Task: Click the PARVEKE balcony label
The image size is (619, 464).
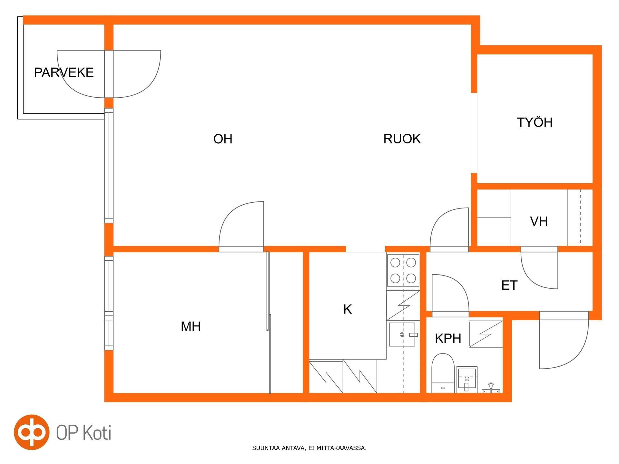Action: point(64,72)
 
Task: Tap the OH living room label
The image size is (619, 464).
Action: point(223,139)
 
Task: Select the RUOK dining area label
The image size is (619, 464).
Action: point(402,139)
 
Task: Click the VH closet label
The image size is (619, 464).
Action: point(539,221)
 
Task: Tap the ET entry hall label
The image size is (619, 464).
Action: point(509,285)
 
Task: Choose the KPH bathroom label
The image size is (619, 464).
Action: point(448,338)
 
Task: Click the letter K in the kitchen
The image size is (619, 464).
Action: point(348,309)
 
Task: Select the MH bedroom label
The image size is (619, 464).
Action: point(191,326)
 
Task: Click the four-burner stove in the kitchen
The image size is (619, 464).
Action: point(403,270)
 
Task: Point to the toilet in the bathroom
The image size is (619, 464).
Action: point(443,373)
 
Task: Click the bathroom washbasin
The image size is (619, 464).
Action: point(467,380)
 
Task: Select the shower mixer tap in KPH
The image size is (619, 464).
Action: point(491,388)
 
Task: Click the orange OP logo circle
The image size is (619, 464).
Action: point(32,432)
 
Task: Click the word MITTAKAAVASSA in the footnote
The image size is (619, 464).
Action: point(341,448)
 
